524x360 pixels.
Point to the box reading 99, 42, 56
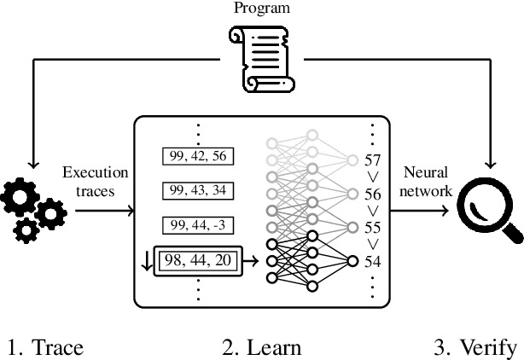pos(198,156)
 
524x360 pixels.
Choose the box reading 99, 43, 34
pos(198,189)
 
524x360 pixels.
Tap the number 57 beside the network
pos(372,160)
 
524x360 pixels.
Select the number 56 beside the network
pos(372,194)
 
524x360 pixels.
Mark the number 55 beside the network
pos(372,228)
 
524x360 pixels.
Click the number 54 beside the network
pos(372,261)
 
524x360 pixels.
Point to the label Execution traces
pos(95,181)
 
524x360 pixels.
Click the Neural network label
pos(426,181)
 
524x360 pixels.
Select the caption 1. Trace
pos(45,347)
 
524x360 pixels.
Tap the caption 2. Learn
pos(261,347)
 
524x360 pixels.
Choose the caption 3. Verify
pos(475,347)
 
